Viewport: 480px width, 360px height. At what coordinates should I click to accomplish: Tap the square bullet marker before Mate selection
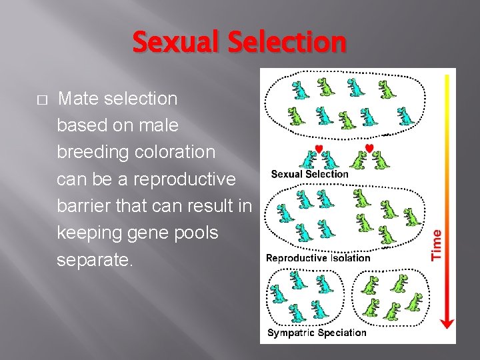tap(41, 100)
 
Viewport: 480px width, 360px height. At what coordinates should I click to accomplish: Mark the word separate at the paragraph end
tap(95, 260)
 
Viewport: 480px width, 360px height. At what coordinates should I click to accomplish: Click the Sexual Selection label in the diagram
tap(309, 174)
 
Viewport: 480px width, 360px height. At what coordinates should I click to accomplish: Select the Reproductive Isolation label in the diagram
tap(317, 258)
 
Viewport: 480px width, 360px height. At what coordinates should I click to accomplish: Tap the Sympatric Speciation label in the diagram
tap(317, 333)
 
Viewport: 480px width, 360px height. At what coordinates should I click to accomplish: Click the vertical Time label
tap(437, 244)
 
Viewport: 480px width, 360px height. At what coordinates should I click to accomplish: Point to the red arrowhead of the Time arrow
tap(447, 323)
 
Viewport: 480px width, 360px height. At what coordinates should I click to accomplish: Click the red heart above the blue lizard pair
tap(319, 148)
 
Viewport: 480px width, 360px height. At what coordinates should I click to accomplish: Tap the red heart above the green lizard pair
tap(369, 147)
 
